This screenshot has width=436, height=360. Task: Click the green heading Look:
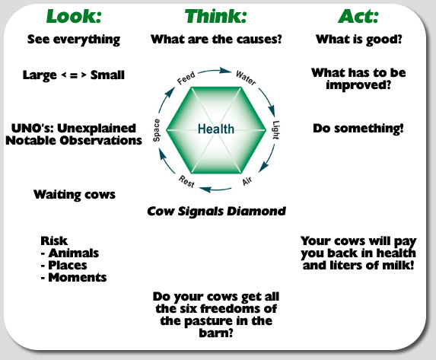tap(74, 17)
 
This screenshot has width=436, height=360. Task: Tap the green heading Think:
tap(216, 17)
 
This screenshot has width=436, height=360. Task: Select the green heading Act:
tap(358, 17)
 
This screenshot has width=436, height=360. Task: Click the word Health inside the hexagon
tap(216, 129)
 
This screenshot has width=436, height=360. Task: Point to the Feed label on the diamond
tap(186, 78)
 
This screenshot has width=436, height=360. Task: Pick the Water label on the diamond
tap(246, 78)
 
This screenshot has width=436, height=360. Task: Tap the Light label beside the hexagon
tap(275, 130)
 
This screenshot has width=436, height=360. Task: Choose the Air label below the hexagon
tap(247, 181)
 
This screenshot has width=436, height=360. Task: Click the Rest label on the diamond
tap(186, 181)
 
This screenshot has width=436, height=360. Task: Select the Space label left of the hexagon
tap(157, 130)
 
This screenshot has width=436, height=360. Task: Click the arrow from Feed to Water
tap(214, 71)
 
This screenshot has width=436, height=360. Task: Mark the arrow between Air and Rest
tap(215, 190)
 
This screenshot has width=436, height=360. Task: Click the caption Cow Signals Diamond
tap(216, 211)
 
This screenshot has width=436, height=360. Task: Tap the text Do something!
tap(358, 129)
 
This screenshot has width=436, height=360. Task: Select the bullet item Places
tap(68, 265)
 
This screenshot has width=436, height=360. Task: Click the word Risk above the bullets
tap(54, 241)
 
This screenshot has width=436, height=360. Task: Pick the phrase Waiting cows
tap(75, 195)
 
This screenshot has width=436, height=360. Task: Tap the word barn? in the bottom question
tap(216, 333)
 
